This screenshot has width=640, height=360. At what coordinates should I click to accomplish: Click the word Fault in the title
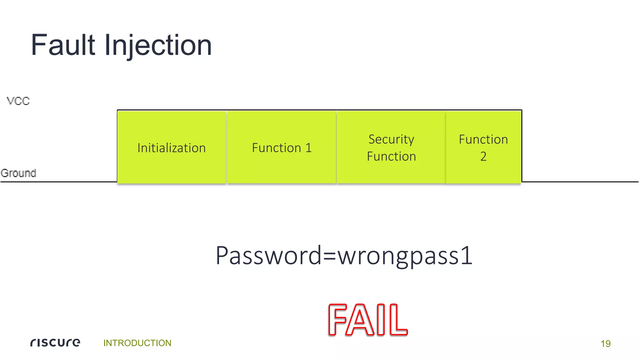pyautogui.click(x=63, y=45)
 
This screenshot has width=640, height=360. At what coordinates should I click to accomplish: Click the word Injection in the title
pyautogui.click(x=158, y=46)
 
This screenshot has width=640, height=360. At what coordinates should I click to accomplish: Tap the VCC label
pyautogui.click(x=18, y=101)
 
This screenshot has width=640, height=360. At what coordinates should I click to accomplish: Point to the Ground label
pyautogui.click(x=18, y=173)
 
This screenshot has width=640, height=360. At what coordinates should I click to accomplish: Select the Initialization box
pyautogui.click(x=172, y=147)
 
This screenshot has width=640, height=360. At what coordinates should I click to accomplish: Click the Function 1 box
pyautogui.click(x=282, y=147)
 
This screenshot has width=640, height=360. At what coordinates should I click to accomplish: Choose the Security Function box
pyautogui.click(x=391, y=147)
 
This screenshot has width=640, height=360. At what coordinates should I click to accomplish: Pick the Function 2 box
pyautogui.click(x=483, y=147)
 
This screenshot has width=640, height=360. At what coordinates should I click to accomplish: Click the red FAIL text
pyautogui.click(x=368, y=320)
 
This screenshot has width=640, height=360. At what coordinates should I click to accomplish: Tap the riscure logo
pyautogui.click(x=55, y=342)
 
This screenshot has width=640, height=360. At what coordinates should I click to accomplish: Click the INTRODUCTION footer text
pyautogui.click(x=137, y=343)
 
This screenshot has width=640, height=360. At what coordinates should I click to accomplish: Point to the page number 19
pyautogui.click(x=605, y=343)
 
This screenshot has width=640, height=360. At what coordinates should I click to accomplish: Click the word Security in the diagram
pyautogui.click(x=391, y=139)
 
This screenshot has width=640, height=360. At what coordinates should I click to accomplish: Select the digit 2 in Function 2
pyautogui.click(x=483, y=156)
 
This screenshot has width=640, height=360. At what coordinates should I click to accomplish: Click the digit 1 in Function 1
pyautogui.click(x=308, y=148)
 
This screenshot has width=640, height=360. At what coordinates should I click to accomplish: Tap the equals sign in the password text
pyautogui.click(x=330, y=256)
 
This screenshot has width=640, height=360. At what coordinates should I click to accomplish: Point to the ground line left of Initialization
pyautogui.click(x=59, y=182)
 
